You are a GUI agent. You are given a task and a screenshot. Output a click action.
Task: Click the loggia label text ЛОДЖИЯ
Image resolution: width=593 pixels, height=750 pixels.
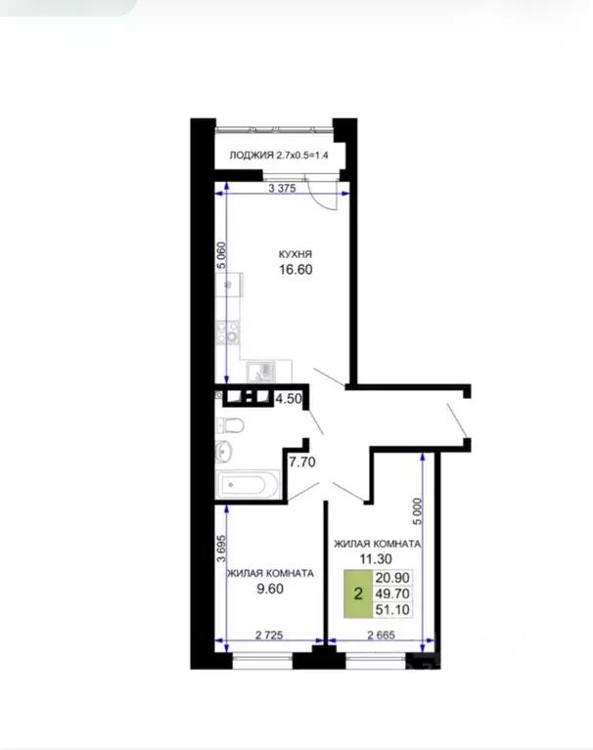(251, 155)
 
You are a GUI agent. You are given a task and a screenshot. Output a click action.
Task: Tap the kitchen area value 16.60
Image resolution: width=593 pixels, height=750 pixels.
(296, 270)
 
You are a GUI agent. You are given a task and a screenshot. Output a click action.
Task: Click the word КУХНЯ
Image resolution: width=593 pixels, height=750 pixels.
(296, 254)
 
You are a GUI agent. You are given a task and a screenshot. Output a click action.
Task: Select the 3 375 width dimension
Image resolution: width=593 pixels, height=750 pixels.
(282, 189)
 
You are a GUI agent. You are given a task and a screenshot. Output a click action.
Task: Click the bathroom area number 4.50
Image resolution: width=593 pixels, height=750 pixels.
(288, 399)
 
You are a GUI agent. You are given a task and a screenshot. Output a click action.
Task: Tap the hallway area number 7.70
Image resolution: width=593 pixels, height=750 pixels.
(301, 463)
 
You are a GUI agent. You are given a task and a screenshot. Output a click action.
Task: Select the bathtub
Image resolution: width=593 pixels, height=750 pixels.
(248, 485)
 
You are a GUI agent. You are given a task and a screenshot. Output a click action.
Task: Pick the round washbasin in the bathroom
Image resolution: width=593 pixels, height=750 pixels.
(224, 450)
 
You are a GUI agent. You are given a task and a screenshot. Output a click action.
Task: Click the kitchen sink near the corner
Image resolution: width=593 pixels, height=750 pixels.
(261, 372)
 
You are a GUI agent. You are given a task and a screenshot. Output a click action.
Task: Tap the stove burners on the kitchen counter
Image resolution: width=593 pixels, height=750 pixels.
(227, 331)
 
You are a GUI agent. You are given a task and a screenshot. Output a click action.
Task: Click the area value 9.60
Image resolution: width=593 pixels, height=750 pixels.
(270, 590)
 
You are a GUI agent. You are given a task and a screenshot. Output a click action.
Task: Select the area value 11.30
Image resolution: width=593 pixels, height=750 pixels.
(376, 558)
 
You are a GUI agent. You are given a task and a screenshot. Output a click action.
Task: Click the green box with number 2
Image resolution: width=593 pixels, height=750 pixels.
(358, 594)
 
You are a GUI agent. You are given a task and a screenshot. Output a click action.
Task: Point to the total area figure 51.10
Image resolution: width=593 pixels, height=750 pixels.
(392, 610)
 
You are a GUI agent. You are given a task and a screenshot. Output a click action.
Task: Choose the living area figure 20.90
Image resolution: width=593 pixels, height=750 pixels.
(392, 578)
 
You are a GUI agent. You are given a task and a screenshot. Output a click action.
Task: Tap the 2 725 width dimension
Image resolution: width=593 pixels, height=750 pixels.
(269, 636)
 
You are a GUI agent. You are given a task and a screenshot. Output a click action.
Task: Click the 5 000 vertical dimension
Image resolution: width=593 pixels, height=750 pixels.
(418, 511)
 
